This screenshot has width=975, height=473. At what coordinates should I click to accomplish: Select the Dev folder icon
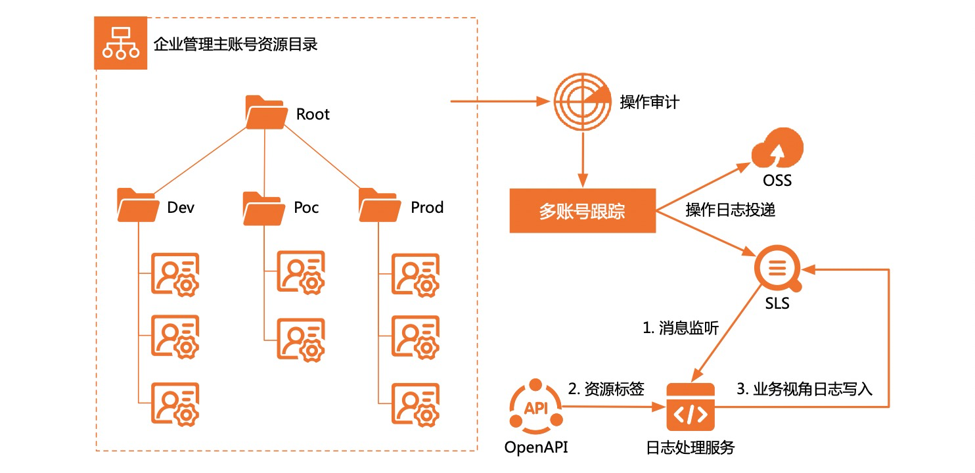(138, 206)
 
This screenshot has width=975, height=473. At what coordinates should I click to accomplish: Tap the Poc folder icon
(263, 208)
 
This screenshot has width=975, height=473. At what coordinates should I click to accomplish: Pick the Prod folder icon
(380, 206)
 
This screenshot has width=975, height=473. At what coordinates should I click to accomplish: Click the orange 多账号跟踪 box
(582, 211)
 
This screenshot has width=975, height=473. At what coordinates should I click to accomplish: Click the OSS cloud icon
(777, 150)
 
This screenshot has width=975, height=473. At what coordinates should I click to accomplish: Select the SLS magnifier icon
(777, 269)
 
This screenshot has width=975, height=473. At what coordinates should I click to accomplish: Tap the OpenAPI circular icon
(536, 407)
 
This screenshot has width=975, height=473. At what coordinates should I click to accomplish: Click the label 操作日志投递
(731, 210)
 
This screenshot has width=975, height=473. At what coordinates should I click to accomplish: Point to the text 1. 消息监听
(681, 328)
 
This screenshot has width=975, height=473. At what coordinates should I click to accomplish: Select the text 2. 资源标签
(605, 389)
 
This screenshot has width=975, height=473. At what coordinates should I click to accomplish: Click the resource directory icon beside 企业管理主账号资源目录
(120, 43)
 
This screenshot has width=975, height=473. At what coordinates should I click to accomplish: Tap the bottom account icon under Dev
(175, 402)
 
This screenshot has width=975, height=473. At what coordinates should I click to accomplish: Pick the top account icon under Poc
(301, 270)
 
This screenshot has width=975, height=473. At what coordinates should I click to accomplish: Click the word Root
(313, 114)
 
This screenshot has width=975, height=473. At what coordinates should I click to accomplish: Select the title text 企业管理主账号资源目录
(235, 45)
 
